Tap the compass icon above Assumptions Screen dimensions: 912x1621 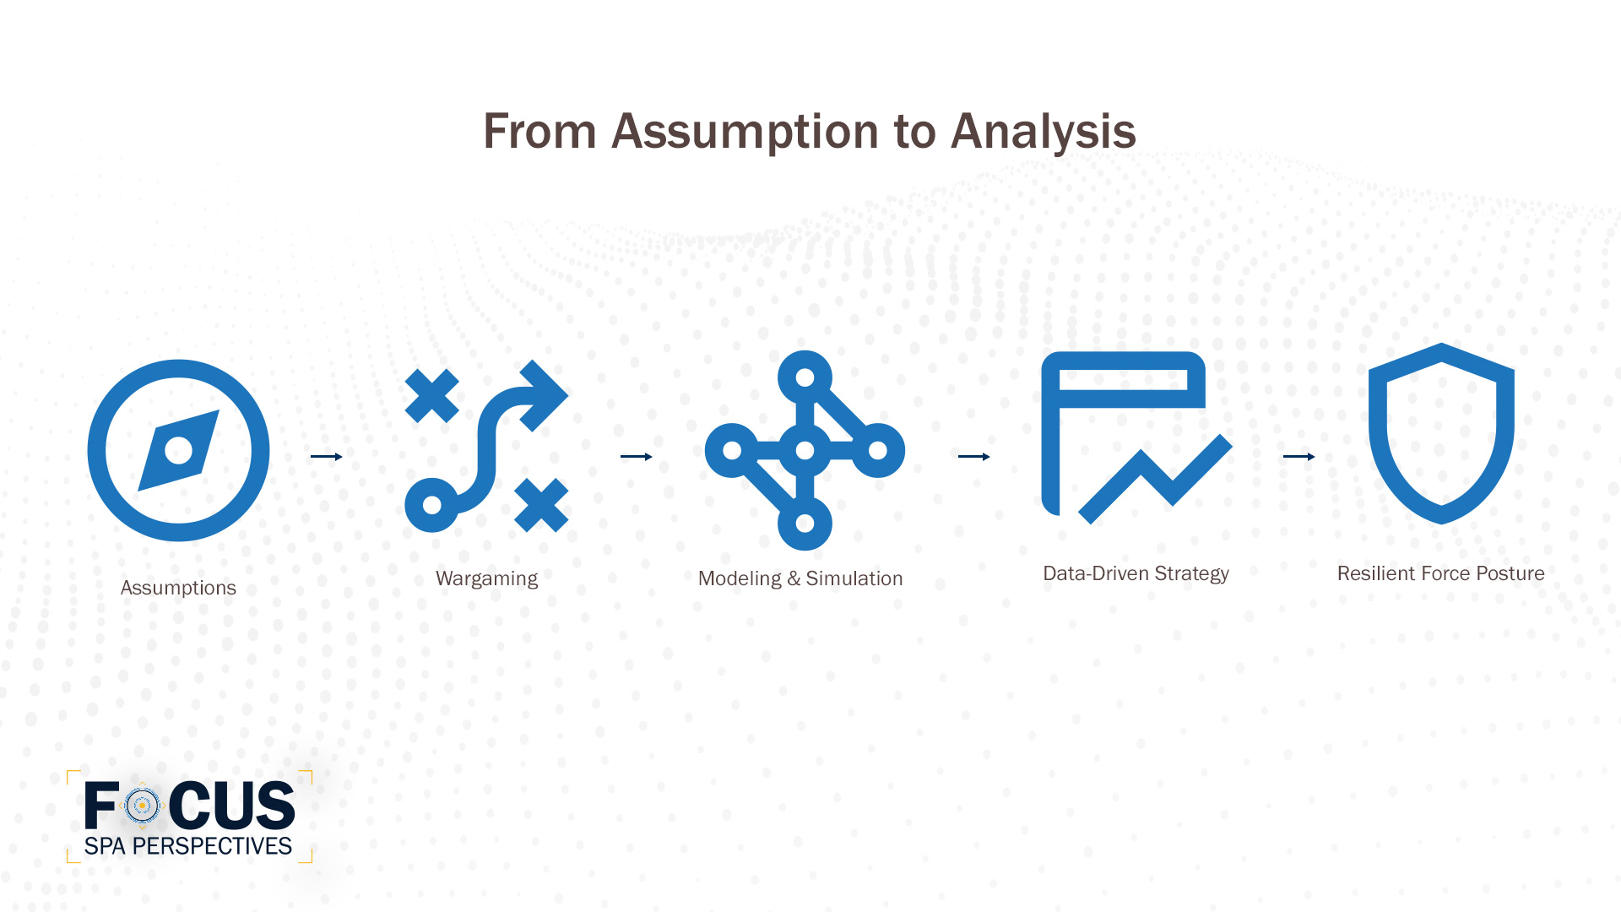[178, 450]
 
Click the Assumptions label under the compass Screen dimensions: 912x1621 [178, 588]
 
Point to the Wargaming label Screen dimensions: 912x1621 [486, 578]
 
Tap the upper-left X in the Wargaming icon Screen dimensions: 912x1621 [431, 395]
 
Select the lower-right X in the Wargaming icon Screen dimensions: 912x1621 [541, 505]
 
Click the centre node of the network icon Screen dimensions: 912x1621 [805, 450]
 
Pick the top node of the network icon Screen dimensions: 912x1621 [805, 377]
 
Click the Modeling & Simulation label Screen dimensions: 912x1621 [800, 578]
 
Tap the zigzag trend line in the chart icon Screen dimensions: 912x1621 [1157, 480]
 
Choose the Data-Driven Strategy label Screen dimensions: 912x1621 [1136, 573]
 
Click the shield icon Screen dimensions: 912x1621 [1441, 432]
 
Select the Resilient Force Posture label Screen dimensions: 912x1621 [1440, 573]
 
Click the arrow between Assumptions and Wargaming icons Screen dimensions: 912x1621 [326, 457]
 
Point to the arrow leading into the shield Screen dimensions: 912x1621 [1298, 457]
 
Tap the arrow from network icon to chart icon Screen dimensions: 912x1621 [973, 457]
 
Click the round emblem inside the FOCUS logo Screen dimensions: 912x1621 [142, 806]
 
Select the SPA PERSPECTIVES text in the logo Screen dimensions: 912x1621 [187, 846]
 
